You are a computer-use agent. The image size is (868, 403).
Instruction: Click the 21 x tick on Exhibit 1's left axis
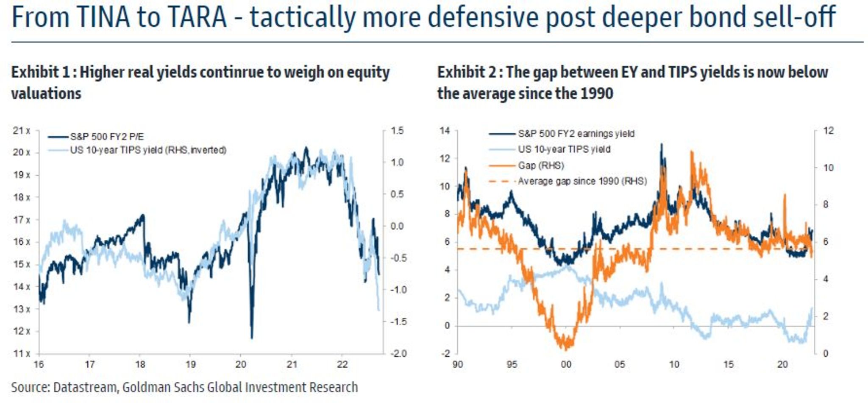pyautogui.click(x=22, y=131)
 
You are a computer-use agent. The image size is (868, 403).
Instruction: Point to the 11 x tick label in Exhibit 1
pyautogui.click(x=22, y=353)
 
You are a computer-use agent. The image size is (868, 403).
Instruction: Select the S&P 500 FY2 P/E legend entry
pyautogui.click(x=107, y=137)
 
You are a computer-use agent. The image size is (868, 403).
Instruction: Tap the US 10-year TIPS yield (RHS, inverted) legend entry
pyautogui.click(x=148, y=150)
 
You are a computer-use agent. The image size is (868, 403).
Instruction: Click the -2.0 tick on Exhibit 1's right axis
pyautogui.click(x=398, y=353)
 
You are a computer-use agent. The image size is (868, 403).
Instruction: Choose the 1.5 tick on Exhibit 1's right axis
pyautogui.click(x=397, y=131)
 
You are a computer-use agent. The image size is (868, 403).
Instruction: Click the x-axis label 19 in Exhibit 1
pyautogui.click(x=190, y=364)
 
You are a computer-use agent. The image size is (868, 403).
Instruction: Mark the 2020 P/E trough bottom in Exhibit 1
pyautogui.click(x=252, y=338)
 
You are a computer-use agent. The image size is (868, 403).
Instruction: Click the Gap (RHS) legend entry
pyautogui.click(x=541, y=165)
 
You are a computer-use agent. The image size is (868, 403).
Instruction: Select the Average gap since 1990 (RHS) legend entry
pyautogui.click(x=582, y=181)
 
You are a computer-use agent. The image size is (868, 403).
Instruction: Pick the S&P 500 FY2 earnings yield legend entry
pyautogui.click(x=576, y=134)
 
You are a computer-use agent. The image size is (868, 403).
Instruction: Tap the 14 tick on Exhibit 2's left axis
pyautogui.click(x=445, y=131)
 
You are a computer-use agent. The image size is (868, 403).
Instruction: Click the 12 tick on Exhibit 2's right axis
pyautogui.click(x=828, y=131)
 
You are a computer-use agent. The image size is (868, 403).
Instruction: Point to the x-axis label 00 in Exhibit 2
pyautogui.click(x=566, y=364)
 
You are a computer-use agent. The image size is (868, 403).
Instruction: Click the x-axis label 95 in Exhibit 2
pyautogui.click(x=512, y=364)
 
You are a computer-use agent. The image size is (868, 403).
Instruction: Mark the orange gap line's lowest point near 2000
pyautogui.click(x=566, y=348)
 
